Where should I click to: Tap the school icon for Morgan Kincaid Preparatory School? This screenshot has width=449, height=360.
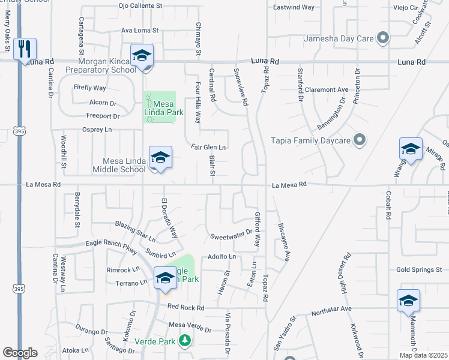[x=142, y=56]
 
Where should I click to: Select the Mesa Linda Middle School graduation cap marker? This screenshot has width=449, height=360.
[x=160, y=157]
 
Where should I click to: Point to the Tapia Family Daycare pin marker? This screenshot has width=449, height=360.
[x=360, y=140]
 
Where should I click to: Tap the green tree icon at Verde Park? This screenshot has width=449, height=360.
[x=185, y=341]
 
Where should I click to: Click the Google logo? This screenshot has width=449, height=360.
[x=20, y=353]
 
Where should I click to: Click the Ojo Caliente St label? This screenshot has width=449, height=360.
[x=140, y=5]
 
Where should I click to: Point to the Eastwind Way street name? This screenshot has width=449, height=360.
[x=294, y=7]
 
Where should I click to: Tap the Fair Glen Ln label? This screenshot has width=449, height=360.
[x=208, y=147]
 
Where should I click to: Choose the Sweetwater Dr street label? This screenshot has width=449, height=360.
[x=231, y=236]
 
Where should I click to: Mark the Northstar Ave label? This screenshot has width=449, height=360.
[x=331, y=308]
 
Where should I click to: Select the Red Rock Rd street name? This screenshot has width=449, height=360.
[x=186, y=307]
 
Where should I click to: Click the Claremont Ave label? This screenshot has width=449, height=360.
[x=326, y=89]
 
